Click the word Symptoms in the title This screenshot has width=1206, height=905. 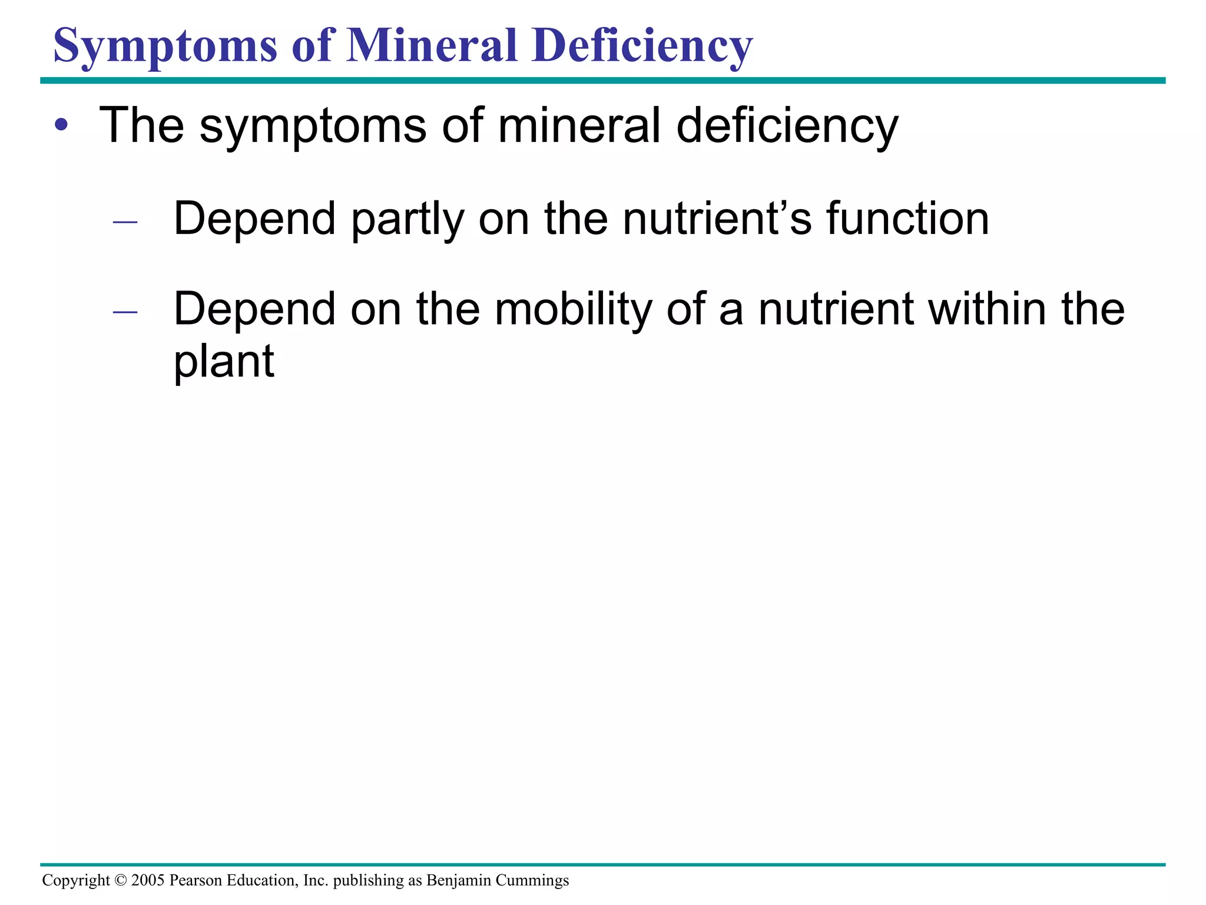165,46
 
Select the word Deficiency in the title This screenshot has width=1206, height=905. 642,46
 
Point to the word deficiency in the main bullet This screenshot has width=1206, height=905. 787,126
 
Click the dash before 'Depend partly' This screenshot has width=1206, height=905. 125,223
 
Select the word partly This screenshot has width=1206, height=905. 407,219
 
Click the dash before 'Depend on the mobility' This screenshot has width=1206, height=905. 125,312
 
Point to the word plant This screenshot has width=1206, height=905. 224,361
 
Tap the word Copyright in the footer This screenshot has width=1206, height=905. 76,881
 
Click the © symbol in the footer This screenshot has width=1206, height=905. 121,880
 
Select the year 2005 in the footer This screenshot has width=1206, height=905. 148,880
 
